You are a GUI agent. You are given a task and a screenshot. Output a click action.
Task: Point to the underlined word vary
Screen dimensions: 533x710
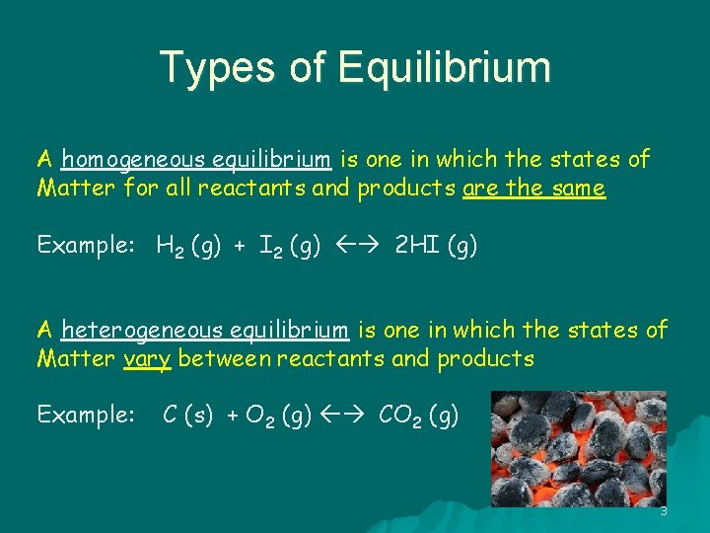[x=148, y=359]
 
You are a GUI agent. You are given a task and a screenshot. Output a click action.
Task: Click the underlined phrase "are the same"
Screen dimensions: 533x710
[x=533, y=189]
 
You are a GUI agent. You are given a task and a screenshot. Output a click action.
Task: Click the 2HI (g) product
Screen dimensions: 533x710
[x=436, y=246]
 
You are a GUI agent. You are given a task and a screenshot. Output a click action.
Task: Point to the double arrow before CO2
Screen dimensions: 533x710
[x=340, y=417]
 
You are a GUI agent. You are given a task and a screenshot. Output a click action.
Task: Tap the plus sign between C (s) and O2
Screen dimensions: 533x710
[x=233, y=417]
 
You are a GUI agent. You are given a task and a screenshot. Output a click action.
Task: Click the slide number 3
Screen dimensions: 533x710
[x=664, y=511]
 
